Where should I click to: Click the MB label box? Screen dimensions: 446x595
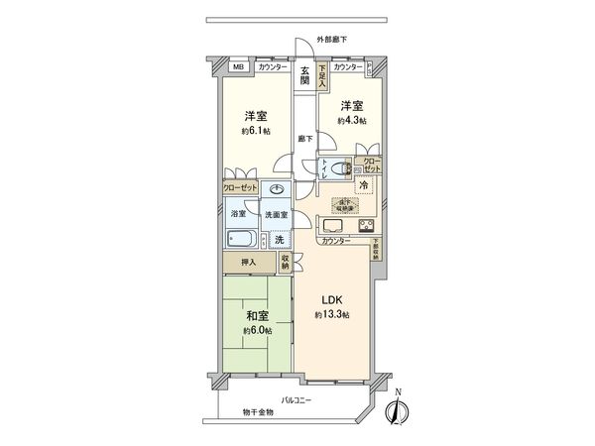click(x=238, y=66)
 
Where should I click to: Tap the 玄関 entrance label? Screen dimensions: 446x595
click(x=306, y=74)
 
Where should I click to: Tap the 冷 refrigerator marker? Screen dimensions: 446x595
click(x=363, y=185)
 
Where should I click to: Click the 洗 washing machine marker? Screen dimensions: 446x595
click(x=281, y=240)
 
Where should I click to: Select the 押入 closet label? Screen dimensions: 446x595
click(x=248, y=262)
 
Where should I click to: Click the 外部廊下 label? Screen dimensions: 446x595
click(x=331, y=39)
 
